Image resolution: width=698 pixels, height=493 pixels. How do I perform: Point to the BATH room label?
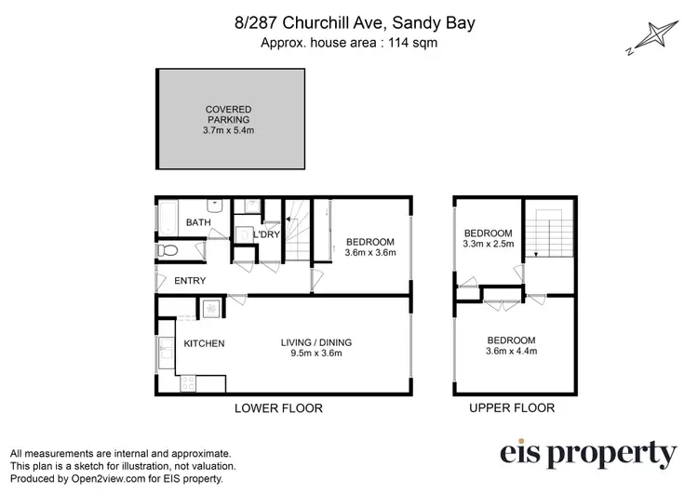[x=198, y=223]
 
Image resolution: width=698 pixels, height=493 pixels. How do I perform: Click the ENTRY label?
[x=189, y=281]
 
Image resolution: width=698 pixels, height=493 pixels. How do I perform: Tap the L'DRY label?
[x=268, y=235]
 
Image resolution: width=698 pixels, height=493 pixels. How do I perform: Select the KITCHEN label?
[x=204, y=344]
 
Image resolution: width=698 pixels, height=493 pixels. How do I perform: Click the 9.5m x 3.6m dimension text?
[x=316, y=353]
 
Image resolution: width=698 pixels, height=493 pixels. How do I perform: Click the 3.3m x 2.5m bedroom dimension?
[x=489, y=245]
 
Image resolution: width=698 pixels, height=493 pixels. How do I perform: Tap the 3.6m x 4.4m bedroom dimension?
[x=511, y=352]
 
